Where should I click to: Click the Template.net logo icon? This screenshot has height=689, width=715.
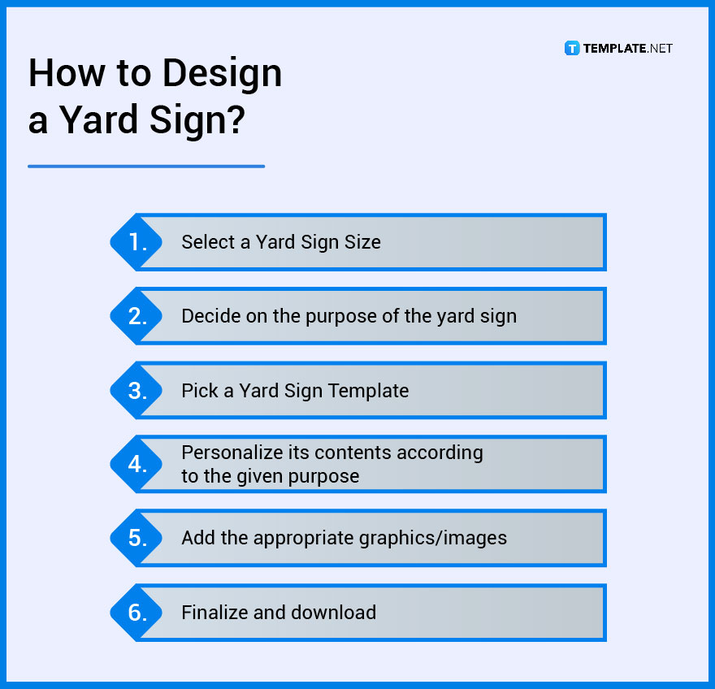(x=572, y=48)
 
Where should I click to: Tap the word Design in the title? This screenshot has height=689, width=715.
(x=220, y=74)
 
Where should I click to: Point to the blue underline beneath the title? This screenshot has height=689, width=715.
(x=146, y=167)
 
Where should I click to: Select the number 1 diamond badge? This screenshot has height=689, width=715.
(x=137, y=242)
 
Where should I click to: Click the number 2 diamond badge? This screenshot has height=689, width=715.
(x=137, y=316)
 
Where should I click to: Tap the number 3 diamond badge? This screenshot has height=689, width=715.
(x=137, y=391)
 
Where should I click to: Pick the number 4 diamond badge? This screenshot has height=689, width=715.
(x=137, y=465)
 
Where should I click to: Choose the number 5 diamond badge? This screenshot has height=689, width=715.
(x=137, y=538)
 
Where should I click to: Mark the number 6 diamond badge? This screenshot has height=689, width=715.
(x=137, y=613)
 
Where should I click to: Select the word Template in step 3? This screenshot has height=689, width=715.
(x=368, y=391)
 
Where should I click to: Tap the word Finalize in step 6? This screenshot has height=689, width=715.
(x=214, y=613)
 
